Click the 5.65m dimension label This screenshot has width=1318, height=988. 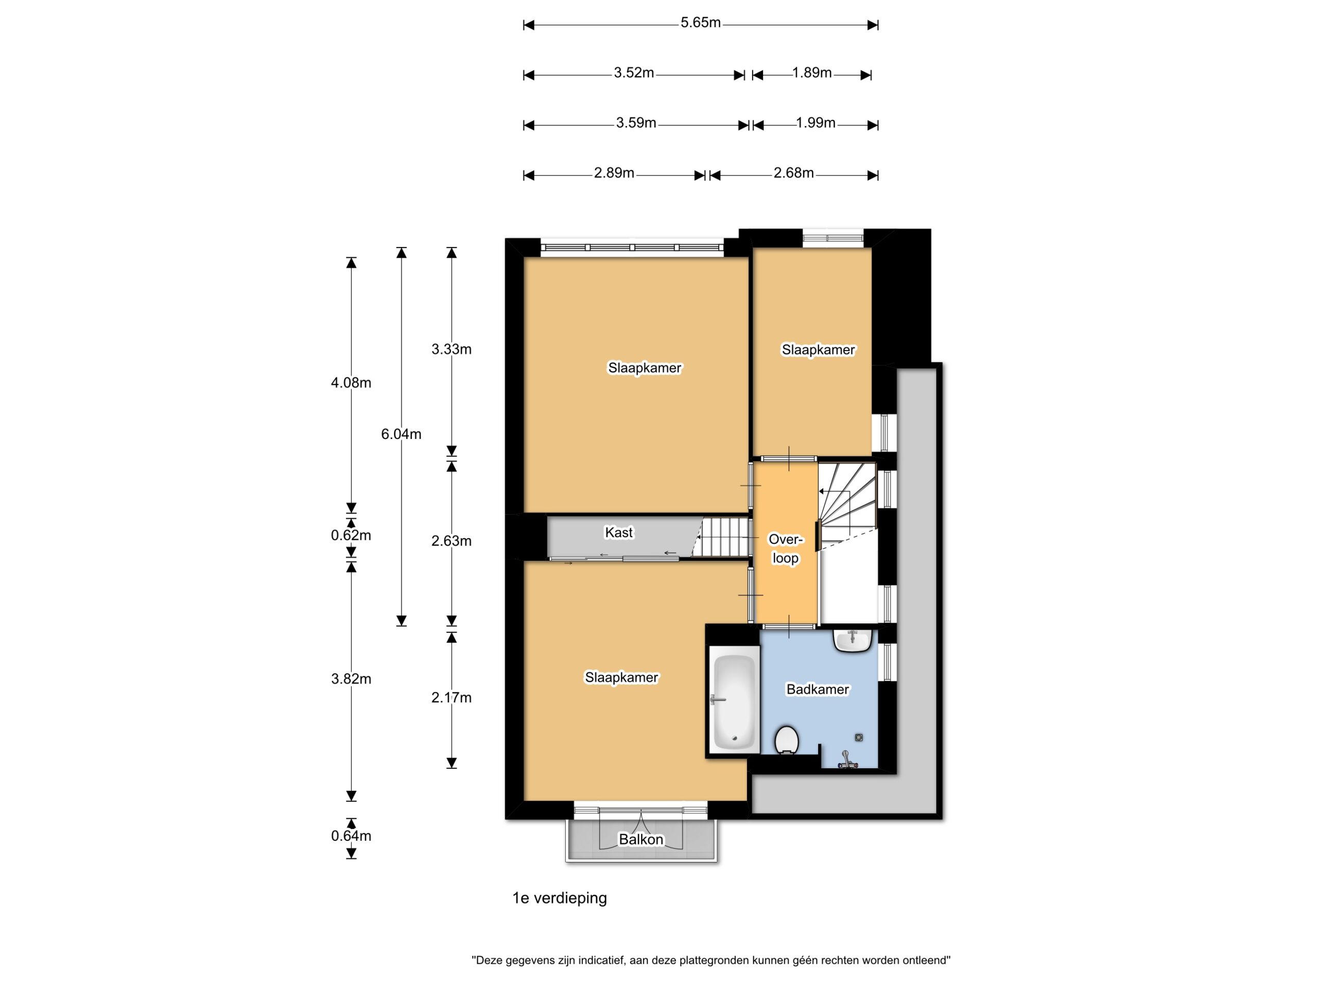pos(701,23)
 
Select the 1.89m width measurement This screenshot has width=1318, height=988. pos(811,73)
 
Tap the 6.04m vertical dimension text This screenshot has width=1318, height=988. pos(401,434)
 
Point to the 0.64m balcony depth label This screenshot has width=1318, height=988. pos(351,836)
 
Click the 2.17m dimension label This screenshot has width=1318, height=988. pos(451,697)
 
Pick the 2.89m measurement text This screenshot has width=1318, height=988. pos(614,173)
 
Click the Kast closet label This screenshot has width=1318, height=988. pos(618,533)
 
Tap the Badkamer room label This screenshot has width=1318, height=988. pos(818,689)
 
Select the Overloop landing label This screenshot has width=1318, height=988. pos(786,549)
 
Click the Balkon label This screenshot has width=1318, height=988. pos(640,839)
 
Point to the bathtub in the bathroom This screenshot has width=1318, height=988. pos(734,702)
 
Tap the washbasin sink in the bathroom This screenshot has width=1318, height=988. pos(853,640)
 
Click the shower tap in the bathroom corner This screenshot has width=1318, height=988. pos(847,761)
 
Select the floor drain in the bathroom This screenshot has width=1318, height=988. pos(859,737)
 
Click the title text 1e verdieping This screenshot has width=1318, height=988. pos(560,898)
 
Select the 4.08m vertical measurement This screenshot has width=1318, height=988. pos(351,383)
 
